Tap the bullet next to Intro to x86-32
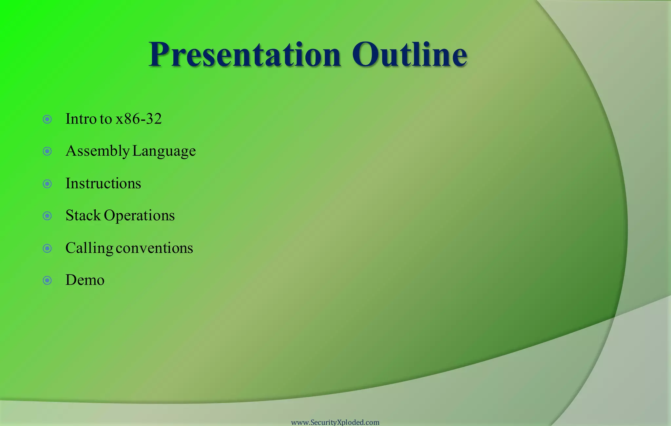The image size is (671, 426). (48, 119)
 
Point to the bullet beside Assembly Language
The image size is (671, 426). (48, 151)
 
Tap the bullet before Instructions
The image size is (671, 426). (48, 184)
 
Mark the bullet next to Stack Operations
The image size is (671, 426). (48, 216)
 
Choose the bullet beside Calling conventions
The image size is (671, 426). (48, 248)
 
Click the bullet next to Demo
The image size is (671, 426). (48, 281)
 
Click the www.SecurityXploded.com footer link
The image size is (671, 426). (335, 422)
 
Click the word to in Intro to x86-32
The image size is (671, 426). (105, 119)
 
